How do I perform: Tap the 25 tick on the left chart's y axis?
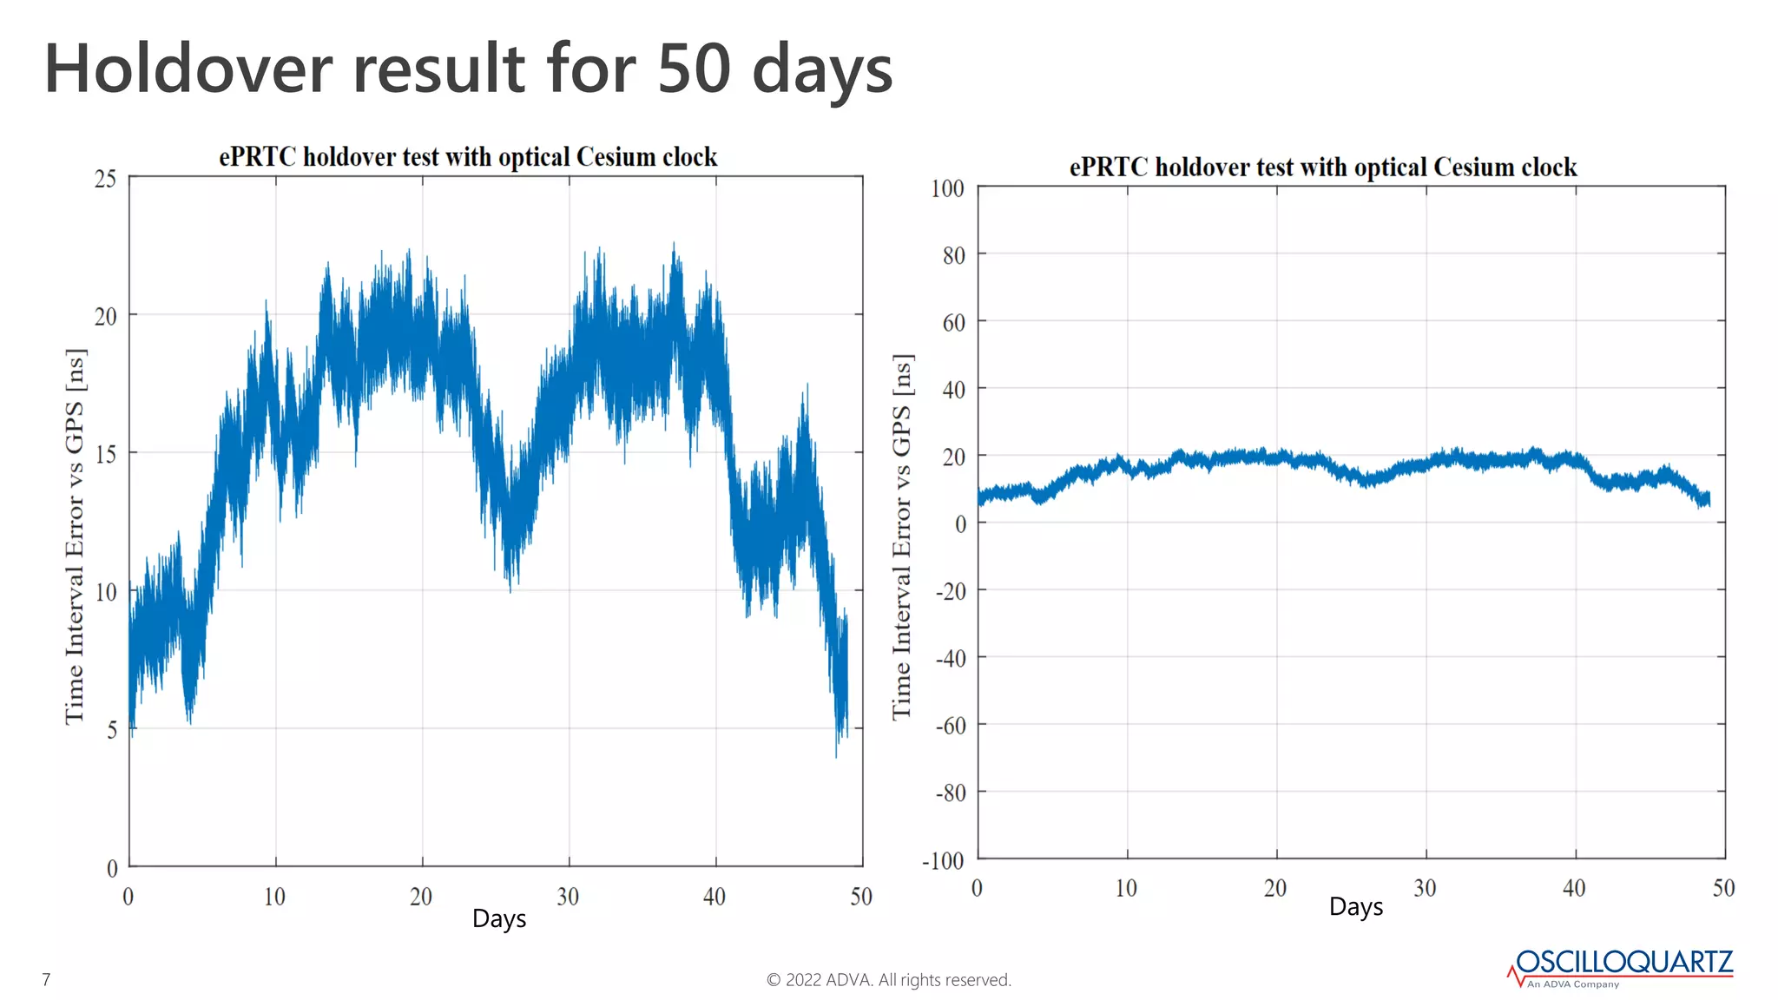click(x=105, y=180)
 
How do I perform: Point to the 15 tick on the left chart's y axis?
click(x=105, y=455)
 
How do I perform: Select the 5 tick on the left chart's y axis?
click(x=111, y=730)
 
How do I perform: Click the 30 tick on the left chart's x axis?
click(x=568, y=897)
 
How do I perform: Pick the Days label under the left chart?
click(x=499, y=918)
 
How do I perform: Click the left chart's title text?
click(x=468, y=157)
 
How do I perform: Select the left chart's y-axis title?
click(x=76, y=536)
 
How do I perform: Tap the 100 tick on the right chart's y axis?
click(x=947, y=189)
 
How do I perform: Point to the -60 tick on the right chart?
click(x=950, y=726)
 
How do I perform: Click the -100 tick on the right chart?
click(x=943, y=861)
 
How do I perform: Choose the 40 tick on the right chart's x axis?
click(x=1574, y=888)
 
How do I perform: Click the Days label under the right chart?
click(x=1356, y=907)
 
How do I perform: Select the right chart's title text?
click(x=1323, y=168)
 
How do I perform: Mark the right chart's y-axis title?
click(x=902, y=536)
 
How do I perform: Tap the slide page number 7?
click(x=46, y=980)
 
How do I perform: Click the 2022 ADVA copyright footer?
click(x=889, y=980)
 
